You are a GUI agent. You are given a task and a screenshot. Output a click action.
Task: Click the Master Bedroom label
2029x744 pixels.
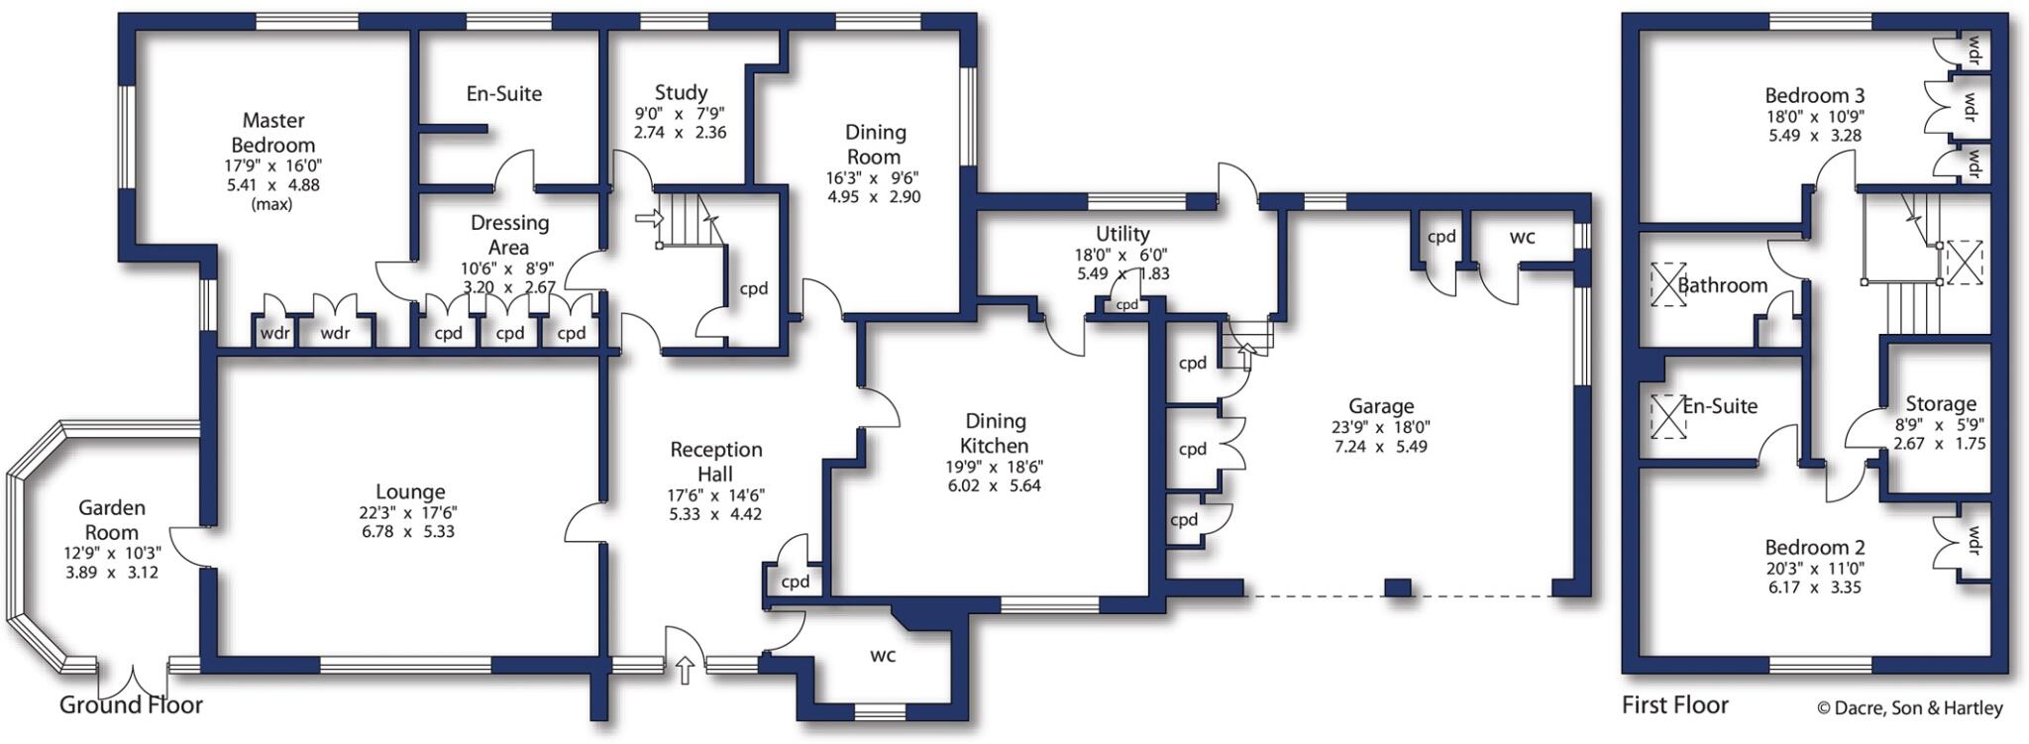point(273,133)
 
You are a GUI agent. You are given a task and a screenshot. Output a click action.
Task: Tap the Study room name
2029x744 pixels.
point(681,93)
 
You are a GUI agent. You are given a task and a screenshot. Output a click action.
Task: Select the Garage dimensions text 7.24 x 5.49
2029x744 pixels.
point(1380,447)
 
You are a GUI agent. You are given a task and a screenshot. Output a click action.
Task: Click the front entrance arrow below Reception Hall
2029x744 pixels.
point(684,671)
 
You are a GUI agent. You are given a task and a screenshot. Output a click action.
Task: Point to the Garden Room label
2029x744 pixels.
point(112,519)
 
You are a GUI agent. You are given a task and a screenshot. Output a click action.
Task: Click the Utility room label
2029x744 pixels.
point(1121,234)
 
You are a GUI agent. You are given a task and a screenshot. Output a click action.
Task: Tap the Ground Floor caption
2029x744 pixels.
point(131,705)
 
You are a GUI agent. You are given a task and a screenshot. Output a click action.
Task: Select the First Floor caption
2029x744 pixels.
point(1674,705)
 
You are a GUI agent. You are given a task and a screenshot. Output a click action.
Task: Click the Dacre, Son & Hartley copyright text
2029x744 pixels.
point(1909,708)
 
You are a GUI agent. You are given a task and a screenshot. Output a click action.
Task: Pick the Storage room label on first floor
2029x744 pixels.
point(1940,404)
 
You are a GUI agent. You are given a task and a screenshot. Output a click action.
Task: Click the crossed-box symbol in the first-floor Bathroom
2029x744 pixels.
point(1667,284)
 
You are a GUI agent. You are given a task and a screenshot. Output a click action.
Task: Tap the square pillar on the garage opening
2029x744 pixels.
point(1397,587)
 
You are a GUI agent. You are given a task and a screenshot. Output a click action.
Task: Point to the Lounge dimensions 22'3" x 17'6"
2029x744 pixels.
point(408,512)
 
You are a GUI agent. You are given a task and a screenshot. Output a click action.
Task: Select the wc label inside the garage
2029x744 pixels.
point(1522,238)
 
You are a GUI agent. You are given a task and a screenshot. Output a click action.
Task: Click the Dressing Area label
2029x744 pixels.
point(509,235)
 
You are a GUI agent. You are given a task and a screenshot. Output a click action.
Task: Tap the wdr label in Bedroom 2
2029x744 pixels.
point(1974,542)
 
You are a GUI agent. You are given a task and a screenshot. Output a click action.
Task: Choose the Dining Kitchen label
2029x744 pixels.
point(995,433)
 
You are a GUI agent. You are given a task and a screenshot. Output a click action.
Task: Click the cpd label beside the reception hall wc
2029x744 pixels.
point(796,582)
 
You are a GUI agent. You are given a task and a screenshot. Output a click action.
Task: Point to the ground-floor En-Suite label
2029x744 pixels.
point(504,94)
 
